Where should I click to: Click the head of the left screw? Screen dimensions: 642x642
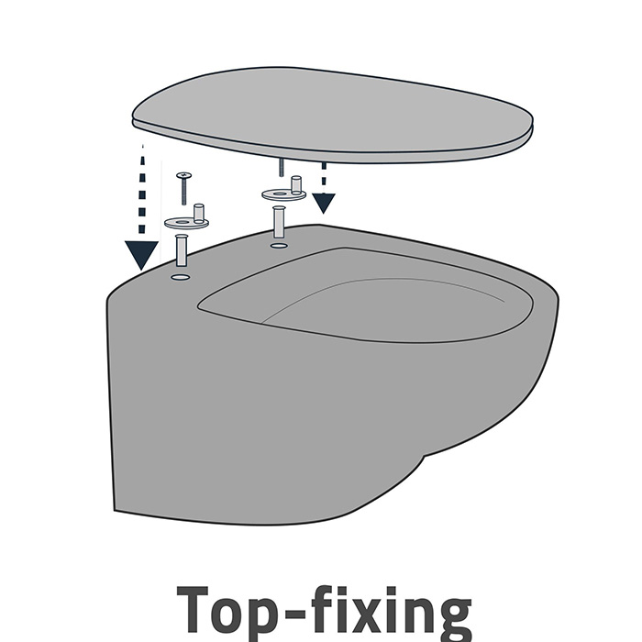184,176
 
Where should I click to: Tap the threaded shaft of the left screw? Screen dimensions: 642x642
184,192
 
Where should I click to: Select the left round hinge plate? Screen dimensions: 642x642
187,223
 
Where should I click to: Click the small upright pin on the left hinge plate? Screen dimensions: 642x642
199,212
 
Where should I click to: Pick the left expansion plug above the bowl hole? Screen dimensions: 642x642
181,249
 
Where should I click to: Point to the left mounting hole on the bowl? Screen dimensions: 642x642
181,277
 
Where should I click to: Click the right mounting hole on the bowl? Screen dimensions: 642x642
279,246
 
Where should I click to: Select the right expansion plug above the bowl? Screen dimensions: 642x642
279,222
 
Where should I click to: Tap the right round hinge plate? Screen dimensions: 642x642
283,194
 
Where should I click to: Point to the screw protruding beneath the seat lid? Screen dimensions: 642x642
282,167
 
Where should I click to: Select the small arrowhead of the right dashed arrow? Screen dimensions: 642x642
324,203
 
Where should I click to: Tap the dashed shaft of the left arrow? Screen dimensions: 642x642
142,193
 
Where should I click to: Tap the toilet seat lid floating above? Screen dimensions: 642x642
332,115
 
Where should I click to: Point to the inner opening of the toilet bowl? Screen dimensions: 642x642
366,294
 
